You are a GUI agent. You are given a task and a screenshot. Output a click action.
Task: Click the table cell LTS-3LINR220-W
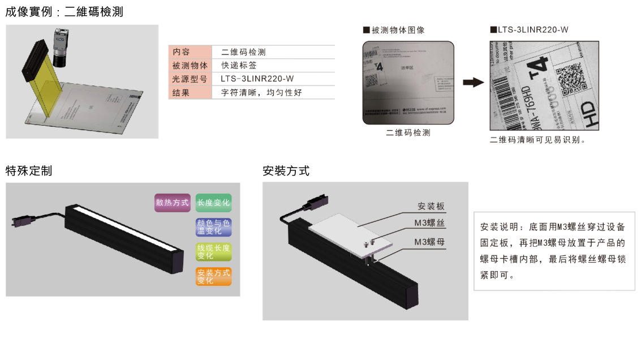(257, 79)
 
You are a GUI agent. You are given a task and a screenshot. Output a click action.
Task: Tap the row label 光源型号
(190, 79)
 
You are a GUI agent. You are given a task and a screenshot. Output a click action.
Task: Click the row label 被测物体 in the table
(190, 65)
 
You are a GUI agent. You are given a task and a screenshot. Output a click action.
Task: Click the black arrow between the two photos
(474, 83)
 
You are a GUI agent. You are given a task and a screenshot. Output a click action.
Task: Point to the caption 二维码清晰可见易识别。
(537, 140)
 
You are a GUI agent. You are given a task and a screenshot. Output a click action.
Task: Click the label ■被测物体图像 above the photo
(393, 30)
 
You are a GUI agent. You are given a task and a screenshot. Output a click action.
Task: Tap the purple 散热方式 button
(172, 203)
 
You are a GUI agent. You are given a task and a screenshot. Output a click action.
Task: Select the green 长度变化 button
(213, 203)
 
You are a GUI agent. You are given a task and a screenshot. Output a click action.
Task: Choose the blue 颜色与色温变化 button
(213, 227)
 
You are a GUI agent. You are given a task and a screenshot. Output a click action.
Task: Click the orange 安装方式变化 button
(213, 276)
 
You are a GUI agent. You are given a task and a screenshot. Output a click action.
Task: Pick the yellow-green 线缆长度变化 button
(213, 252)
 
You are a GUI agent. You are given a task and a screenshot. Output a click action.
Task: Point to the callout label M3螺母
(429, 242)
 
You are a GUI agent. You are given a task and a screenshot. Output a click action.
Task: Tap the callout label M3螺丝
(429, 224)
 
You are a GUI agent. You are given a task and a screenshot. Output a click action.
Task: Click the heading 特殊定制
(29, 171)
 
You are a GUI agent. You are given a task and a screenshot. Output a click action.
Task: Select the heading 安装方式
(286, 171)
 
